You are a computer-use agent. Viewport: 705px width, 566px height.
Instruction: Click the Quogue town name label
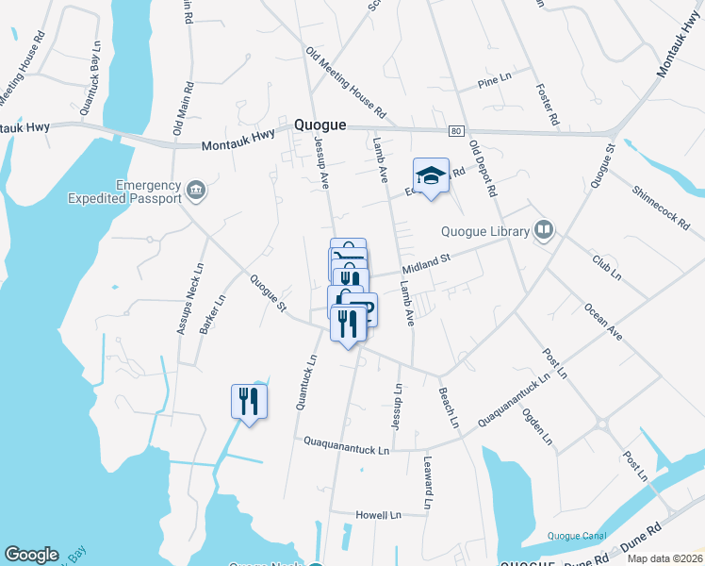pyautogui.click(x=320, y=125)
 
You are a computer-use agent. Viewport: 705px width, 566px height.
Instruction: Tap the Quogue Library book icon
pyautogui.click(x=543, y=229)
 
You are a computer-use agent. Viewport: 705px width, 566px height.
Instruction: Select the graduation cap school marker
pyautogui.click(x=431, y=176)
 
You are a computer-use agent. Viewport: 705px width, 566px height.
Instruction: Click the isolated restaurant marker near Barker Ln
pyautogui.click(x=249, y=402)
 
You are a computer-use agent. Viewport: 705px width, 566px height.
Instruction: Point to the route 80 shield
pyautogui.click(x=456, y=131)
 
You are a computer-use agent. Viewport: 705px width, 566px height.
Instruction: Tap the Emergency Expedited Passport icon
pyautogui.click(x=196, y=191)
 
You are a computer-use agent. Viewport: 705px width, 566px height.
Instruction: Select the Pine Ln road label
pyautogui.click(x=493, y=82)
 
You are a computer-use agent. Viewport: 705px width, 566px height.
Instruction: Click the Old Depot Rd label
pyautogui.click(x=482, y=168)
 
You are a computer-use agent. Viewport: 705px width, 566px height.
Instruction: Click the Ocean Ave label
pyautogui.click(x=602, y=321)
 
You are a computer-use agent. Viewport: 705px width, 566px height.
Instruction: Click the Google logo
pyautogui.click(x=31, y=554)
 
